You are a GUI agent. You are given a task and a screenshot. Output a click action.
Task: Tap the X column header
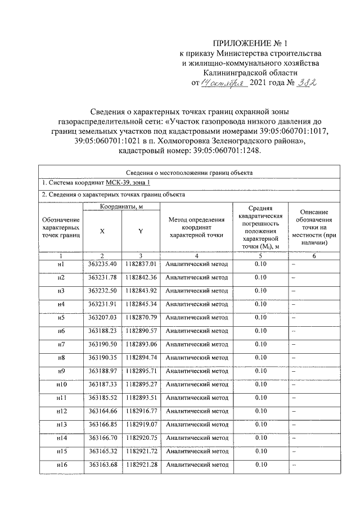tap(102, 231)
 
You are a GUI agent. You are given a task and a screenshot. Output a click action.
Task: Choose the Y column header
tap(140, 231)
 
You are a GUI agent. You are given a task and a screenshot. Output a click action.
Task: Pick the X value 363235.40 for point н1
tap(102, 264)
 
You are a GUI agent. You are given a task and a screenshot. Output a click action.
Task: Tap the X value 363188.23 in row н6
tap(102, 331)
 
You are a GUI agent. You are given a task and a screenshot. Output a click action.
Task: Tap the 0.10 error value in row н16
tap(260, 465)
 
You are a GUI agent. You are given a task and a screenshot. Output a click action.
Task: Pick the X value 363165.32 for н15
tap(102, 452)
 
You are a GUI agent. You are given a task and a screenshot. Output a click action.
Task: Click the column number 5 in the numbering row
tap(260, 256)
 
